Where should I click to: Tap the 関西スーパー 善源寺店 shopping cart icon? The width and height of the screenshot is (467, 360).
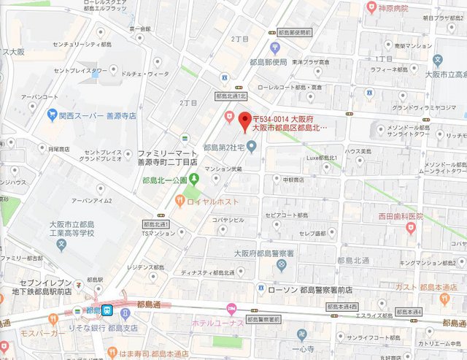point(52,114)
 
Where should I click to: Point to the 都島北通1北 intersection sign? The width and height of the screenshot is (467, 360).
point(231,96)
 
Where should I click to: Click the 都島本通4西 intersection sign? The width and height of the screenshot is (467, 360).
point(342,307)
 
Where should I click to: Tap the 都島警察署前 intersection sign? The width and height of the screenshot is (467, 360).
point(264,320)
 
